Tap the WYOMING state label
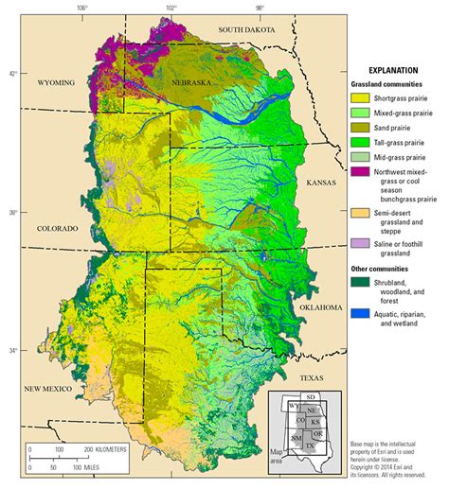(x=56, y=83)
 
